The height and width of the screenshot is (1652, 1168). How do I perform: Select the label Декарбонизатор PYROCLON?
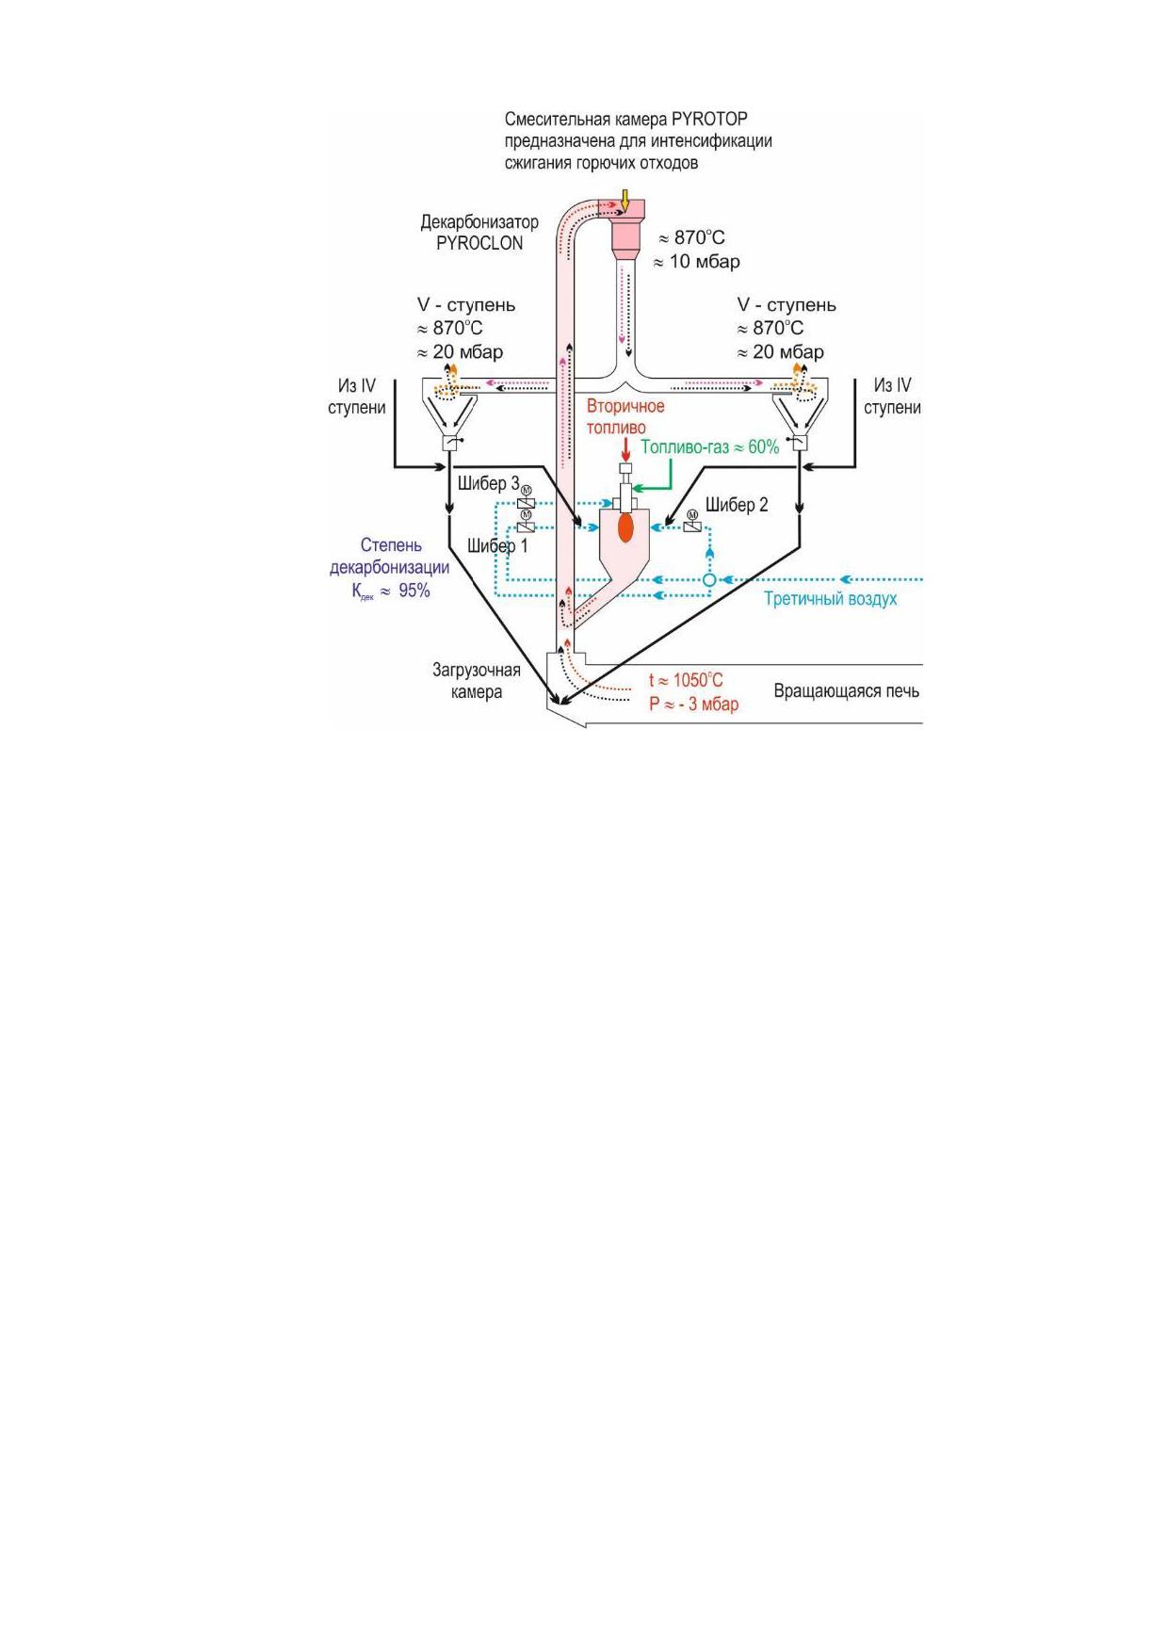tap(479, 233)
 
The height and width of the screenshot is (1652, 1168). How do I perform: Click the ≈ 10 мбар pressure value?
tap(697, 262)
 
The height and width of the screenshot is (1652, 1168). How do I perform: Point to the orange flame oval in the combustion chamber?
tap(625, 527)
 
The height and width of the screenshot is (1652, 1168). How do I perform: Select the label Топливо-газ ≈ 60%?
tap(710, 447)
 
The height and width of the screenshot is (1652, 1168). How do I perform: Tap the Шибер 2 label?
tap(737, 506)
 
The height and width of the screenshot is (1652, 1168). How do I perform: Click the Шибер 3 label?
tap(489, 484)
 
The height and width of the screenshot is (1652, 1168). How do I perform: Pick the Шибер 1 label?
tap(497, 546)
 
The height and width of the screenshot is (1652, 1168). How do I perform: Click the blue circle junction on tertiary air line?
tap(709, 580)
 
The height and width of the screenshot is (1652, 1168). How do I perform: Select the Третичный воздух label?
tap(830, 599)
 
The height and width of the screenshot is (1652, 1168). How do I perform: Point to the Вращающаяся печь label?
tap(847, 691)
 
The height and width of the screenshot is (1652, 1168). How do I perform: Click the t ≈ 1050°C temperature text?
tap(686, 680)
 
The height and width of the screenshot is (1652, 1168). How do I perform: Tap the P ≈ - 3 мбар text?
tap(693, 705)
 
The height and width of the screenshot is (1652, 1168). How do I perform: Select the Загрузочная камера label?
tap(477, 681)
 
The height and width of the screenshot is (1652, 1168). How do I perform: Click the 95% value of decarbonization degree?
tap(414, 591)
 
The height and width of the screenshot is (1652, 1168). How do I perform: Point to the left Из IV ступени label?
tap(357, 397)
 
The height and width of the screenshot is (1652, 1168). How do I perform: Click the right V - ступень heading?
tap(787, 305)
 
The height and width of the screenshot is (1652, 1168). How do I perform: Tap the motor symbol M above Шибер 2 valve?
tap(692, 515)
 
